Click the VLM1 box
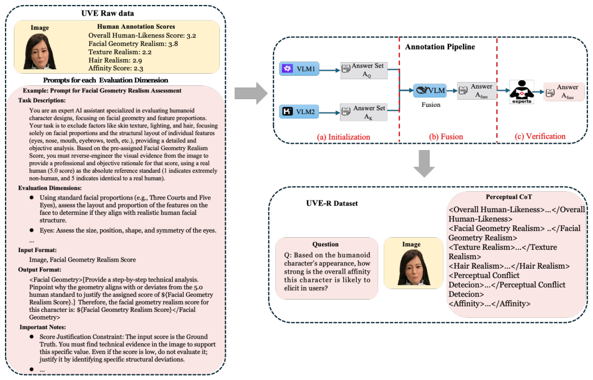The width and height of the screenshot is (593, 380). coord(299,69)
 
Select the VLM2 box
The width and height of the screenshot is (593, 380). coord(299,112)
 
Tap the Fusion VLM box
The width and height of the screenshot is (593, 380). coord(430,90)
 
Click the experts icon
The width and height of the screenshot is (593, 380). coord(522,91)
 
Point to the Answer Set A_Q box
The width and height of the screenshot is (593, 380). coord(364,70)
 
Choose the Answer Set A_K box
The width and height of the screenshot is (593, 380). coord(364,112)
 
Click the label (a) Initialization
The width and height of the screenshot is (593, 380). coord(343,137)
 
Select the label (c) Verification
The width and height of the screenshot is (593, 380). coord(540,136)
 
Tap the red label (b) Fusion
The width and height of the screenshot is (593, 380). coord(446,137)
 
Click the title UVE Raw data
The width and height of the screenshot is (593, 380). coord(107,13)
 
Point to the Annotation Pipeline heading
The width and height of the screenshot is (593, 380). coord(440,47)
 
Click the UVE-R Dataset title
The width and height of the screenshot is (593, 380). coord(332,203)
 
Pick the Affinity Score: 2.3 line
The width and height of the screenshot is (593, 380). coord(116,68)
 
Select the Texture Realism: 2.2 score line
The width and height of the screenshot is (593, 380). coord(120,52)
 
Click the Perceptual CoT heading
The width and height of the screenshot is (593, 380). coord(509,197)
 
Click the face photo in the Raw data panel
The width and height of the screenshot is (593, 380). coord(40,52)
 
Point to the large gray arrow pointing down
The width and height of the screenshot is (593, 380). coord(424,163)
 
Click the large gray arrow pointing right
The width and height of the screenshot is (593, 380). coord(251,93)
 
